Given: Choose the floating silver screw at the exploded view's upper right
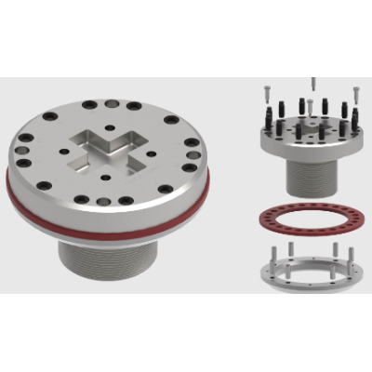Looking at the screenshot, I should pos(355,93).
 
